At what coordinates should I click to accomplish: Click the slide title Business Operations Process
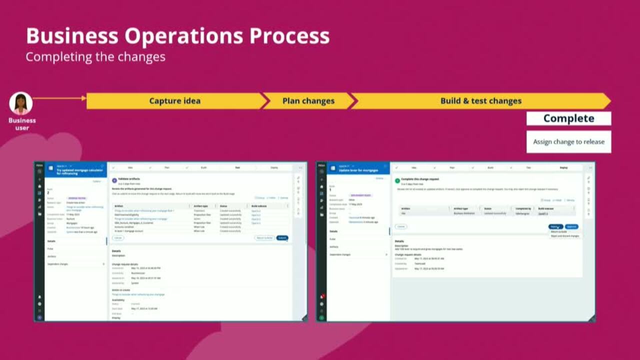tap(177, 36)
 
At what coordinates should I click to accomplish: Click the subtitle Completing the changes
tap(95, 56)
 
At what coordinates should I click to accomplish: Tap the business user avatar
tap(21, 103)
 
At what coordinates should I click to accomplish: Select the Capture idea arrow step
tap(174, 100)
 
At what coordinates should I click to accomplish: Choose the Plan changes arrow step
tap(308, 100)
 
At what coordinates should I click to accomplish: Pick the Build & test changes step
tap(480, 100)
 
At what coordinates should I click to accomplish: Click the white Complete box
tap(568, 118)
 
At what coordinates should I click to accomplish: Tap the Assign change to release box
tap(568, 141)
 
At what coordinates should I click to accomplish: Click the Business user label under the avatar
tap(22, 123)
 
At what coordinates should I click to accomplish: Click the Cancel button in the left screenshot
tap(118, 237)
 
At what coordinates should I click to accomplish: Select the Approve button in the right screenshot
tap(571, 226)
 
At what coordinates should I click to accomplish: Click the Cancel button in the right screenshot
tap(401, 226)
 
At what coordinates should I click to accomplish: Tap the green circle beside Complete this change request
tap(397, 180)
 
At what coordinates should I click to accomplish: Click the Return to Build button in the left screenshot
tap(264, 237)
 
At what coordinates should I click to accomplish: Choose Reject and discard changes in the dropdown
tap(564, 236)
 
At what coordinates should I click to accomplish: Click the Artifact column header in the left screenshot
tap(119, 205)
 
